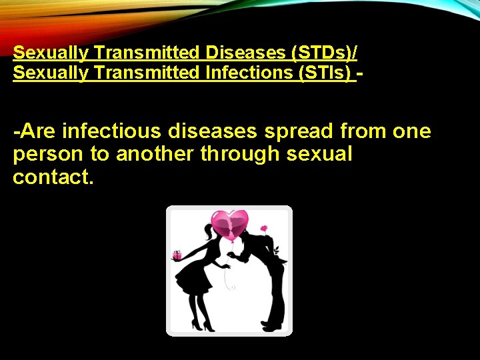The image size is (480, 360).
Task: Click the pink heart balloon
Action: pyautogui.click(x=229, y=225)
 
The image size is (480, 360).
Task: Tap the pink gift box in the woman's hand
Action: pyautogui.click(x=177, y=255)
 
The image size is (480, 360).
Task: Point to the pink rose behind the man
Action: pyautogui.click(x=263, y=229)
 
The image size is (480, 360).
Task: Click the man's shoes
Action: pyautogui.click(x=271, y=325)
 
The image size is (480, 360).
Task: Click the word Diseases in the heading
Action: pyautogui.click(x=239, y=52)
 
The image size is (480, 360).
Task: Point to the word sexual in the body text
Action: pyautogui.click(x=319, y=154)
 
